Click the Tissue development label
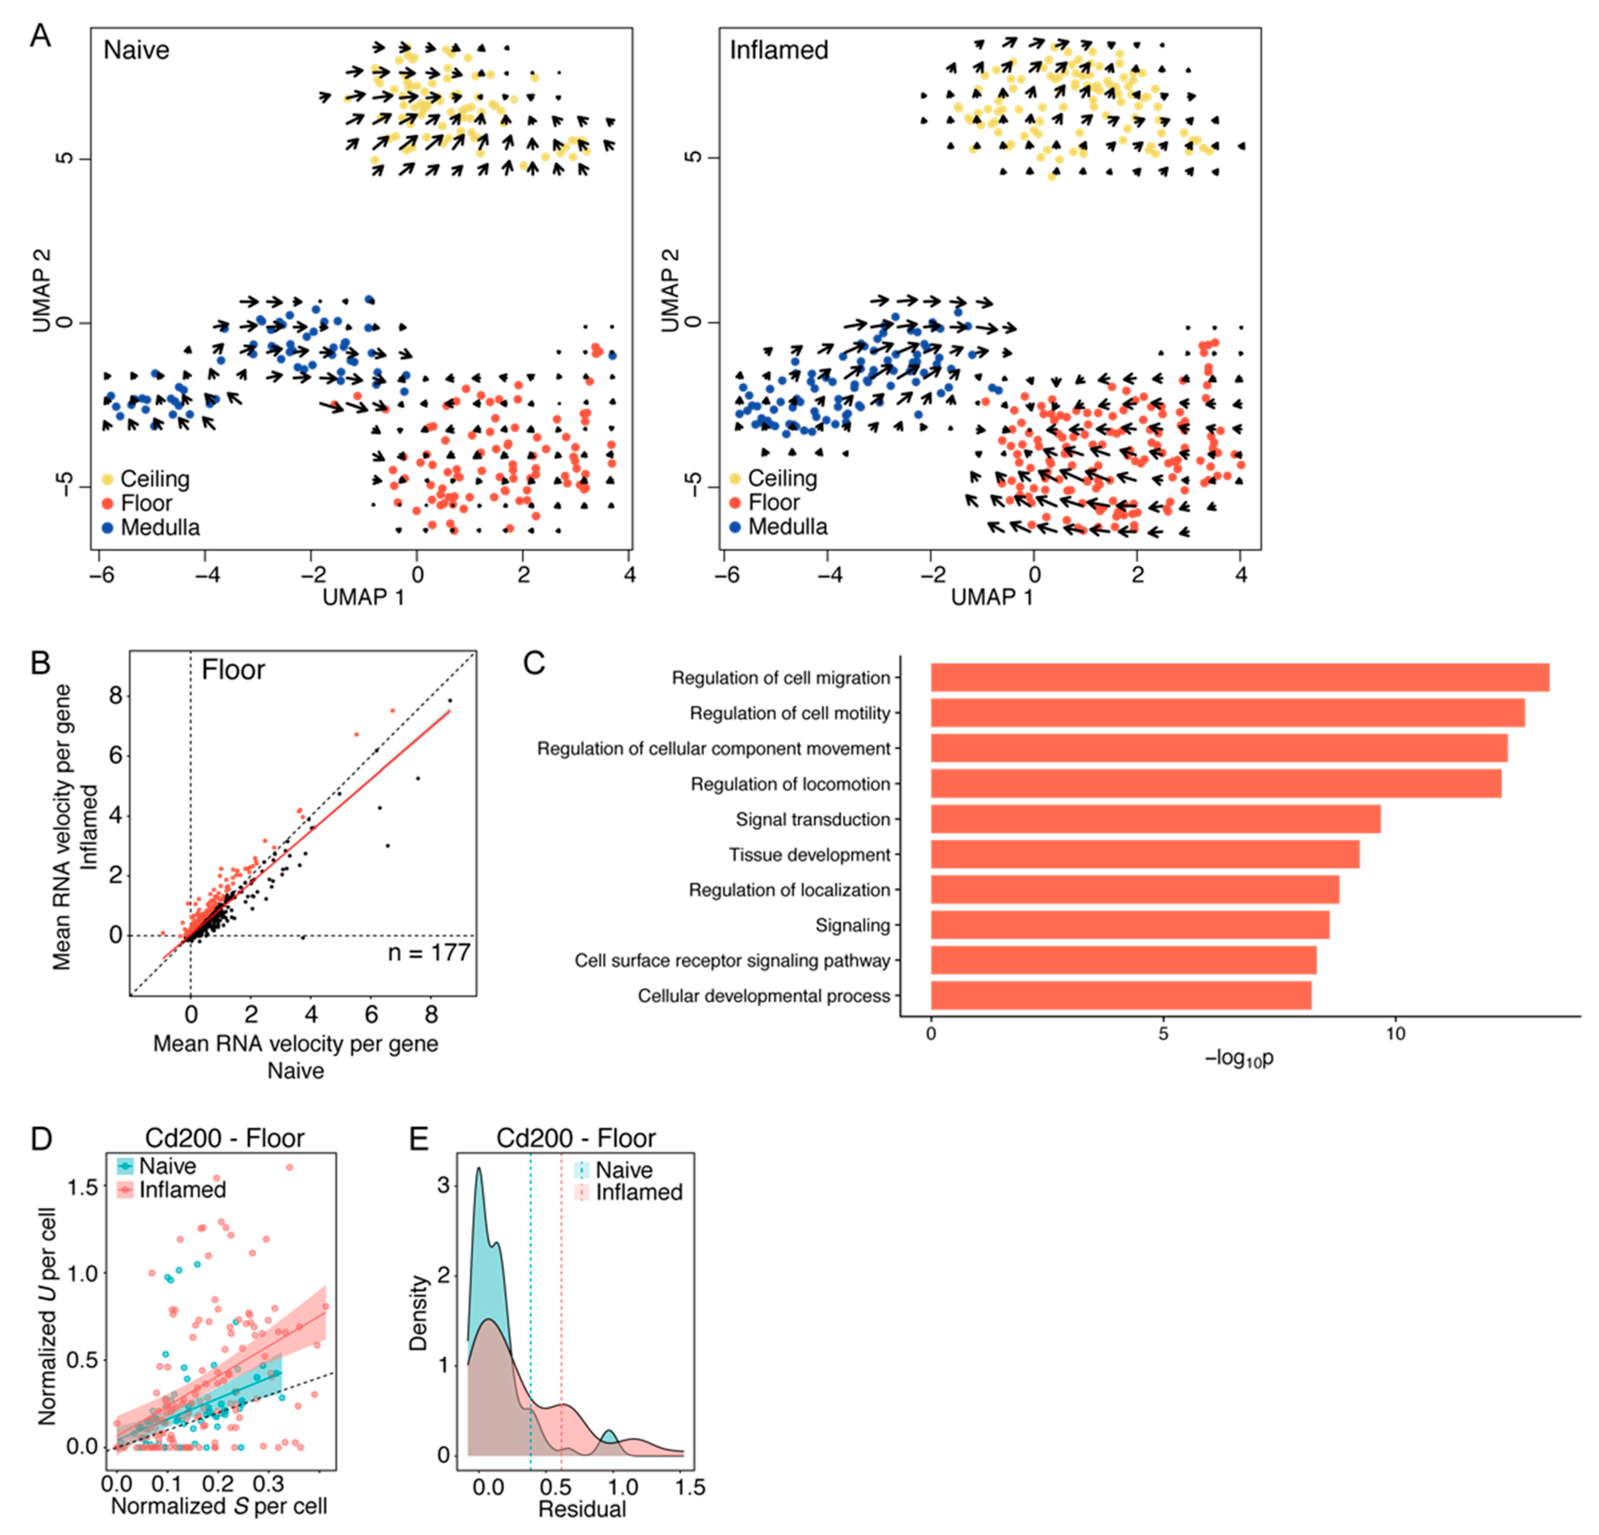809,855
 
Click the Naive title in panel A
136,51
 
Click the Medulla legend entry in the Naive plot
160,528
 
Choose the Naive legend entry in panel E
623,1170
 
